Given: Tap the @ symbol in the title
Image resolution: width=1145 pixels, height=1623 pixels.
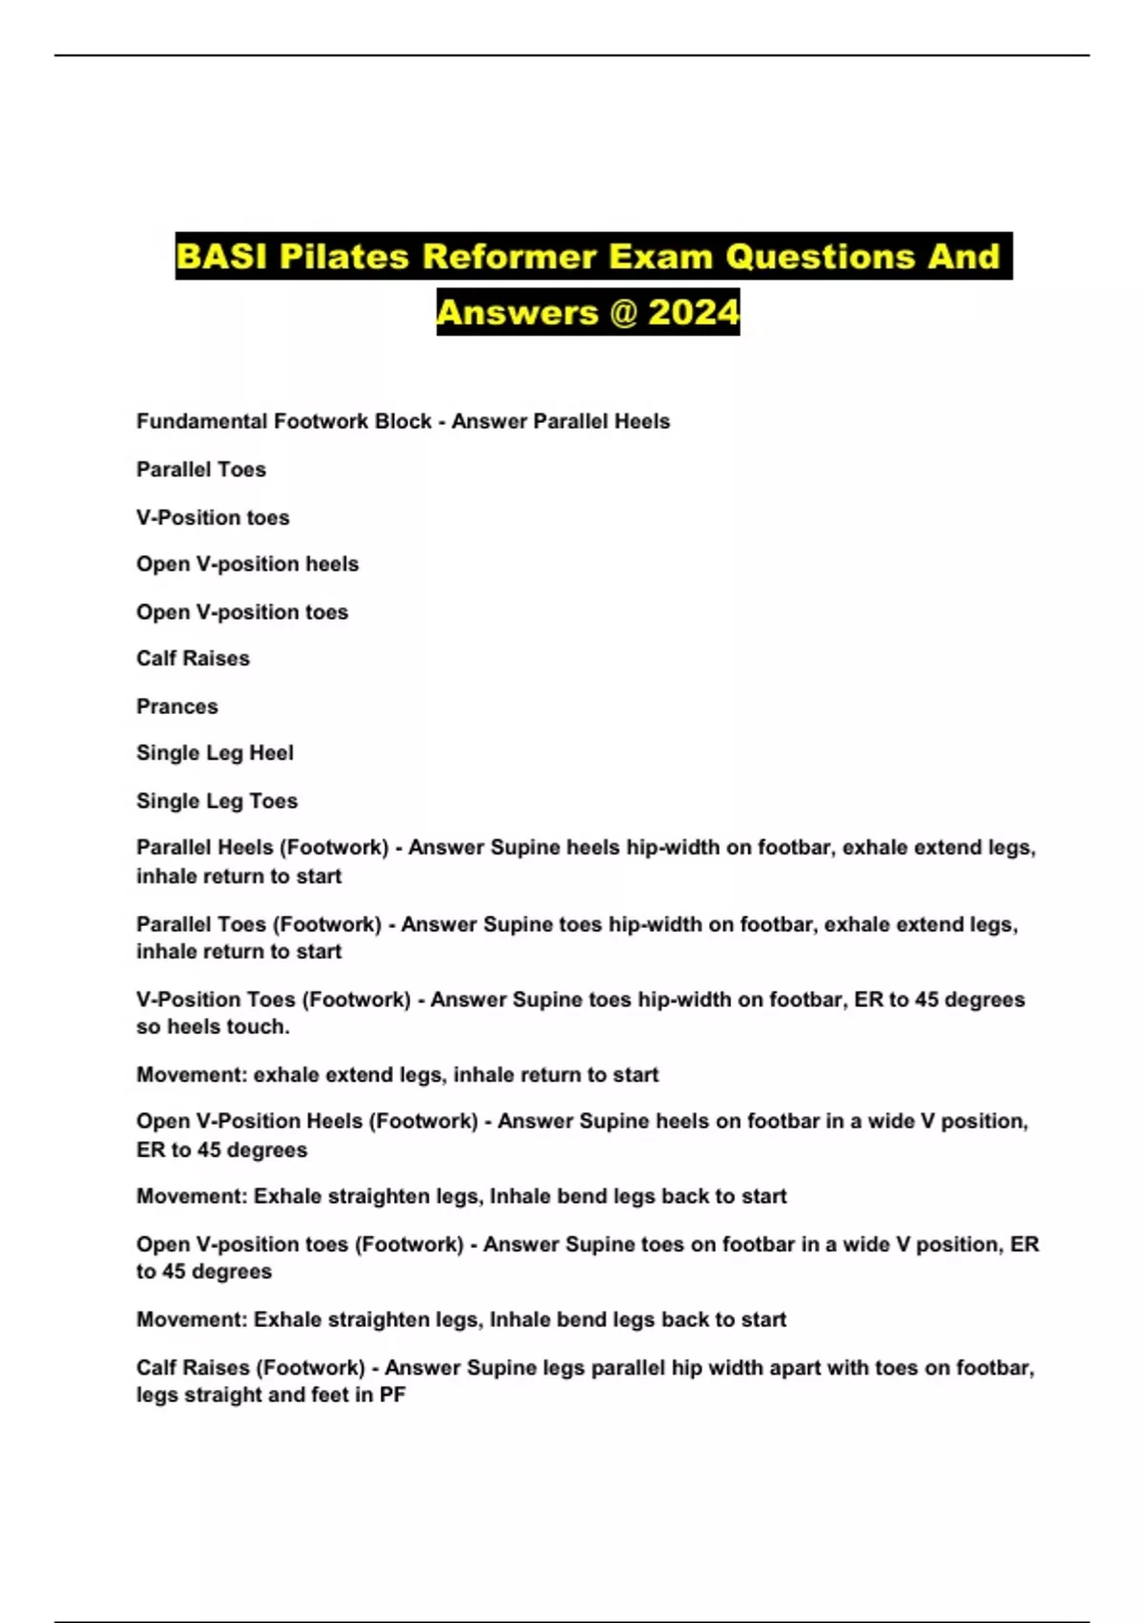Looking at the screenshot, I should click(x=622, y=312).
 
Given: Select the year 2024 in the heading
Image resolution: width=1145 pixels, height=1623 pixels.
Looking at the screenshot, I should click(x=694, y=312).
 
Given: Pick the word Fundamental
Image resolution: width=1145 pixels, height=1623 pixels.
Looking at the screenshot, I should click(x=201, y=421).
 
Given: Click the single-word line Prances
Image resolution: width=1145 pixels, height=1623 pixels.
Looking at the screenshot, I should click(x=177, y=706).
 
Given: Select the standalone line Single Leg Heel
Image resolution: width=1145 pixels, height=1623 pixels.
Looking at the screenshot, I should click(x=215, y=753).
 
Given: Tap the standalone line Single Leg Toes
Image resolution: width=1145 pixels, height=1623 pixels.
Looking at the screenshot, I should click(x=217, y=801).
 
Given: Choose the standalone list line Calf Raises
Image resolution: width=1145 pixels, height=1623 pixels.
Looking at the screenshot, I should click(x=193, y=659).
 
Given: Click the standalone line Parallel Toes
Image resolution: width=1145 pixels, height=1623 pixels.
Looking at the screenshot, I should click(x=200, y=470).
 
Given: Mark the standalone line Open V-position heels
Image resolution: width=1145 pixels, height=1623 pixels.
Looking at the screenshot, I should click(x=247, y=564).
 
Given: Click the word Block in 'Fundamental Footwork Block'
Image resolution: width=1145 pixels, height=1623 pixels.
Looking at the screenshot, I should click(x=404, y=421).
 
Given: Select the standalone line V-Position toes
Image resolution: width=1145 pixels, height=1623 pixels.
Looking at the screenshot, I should click(x=213, y=517).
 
